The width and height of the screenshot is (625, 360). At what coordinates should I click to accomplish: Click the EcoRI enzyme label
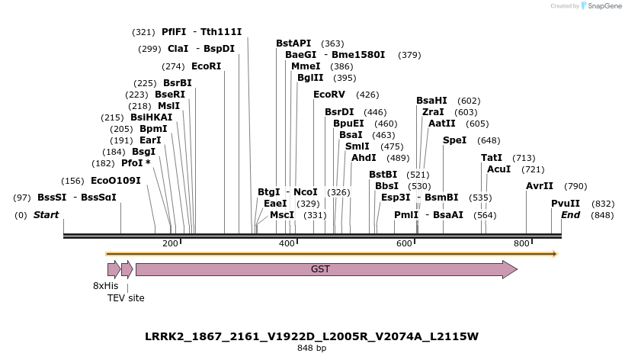206,66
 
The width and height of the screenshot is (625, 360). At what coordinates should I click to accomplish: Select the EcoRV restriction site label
329,95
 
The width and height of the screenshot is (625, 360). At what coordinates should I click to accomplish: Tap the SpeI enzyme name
454,140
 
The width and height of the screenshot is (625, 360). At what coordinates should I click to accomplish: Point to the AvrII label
540,186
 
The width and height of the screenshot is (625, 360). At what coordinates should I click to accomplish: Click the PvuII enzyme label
566,204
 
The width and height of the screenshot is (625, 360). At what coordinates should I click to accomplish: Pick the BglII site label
310,78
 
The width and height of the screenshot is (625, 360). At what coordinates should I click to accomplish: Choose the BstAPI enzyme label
293,43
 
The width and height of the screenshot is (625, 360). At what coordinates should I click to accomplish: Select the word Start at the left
46,215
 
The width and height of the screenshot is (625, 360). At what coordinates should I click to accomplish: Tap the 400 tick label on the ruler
287,243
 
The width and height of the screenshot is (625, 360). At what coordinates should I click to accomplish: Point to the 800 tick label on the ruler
521,243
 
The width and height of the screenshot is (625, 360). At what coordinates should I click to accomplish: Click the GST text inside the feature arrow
320,269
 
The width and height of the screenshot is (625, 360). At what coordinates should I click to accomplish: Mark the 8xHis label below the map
106,285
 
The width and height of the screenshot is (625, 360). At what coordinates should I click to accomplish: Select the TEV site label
126,298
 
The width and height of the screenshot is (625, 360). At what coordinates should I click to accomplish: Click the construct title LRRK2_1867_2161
312,336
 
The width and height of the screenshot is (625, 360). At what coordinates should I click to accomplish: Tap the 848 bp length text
312,349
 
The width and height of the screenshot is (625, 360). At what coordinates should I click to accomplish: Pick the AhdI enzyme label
364,158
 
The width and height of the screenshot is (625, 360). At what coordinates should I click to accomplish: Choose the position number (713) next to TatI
524,158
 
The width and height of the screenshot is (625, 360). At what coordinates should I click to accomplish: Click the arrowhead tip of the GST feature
516,269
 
